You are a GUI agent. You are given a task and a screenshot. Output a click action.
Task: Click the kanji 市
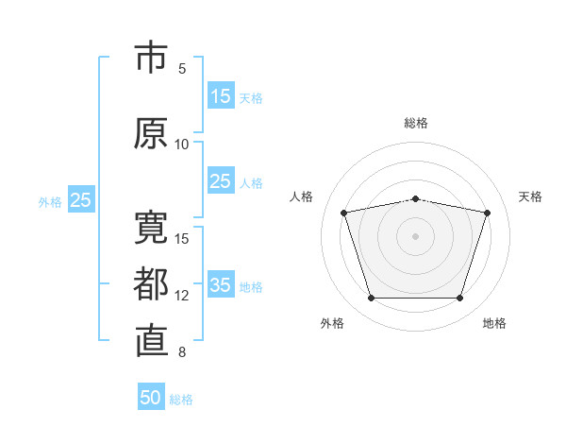[151, 57]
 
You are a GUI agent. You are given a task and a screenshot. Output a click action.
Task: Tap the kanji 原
[151, 133]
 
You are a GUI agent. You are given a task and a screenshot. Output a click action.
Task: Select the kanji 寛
[151, 228]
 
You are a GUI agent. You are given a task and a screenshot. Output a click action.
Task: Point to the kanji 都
[151, 283]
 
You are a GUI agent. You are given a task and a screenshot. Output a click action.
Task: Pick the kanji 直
[152, 341]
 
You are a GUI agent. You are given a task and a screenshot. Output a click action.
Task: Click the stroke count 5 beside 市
[182, 69]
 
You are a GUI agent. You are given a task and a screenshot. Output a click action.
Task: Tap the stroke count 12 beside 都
[181, 296]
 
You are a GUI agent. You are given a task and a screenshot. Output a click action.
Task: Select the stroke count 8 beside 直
[182, 352]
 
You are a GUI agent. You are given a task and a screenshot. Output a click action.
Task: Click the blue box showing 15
[221, 95]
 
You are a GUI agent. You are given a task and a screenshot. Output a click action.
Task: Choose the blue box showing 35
[221, 283]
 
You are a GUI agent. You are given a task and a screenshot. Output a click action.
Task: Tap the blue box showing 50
[151, 397]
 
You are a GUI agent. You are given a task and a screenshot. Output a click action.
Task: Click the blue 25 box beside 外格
[81, 199]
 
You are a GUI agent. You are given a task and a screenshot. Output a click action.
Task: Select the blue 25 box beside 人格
[221, 180]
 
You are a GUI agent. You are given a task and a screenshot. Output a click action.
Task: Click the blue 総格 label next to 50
[181, 400]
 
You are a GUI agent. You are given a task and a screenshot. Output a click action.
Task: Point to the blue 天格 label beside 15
[251, 98]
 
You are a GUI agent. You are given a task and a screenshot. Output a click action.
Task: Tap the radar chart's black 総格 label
[416, 123]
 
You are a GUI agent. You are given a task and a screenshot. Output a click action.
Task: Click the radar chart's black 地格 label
[494, 323]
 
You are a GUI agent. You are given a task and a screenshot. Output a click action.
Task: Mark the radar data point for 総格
[416, 199]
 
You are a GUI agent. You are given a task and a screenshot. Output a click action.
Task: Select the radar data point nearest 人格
[344, 213]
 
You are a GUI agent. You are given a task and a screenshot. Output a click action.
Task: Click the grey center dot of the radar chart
[415, 236]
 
